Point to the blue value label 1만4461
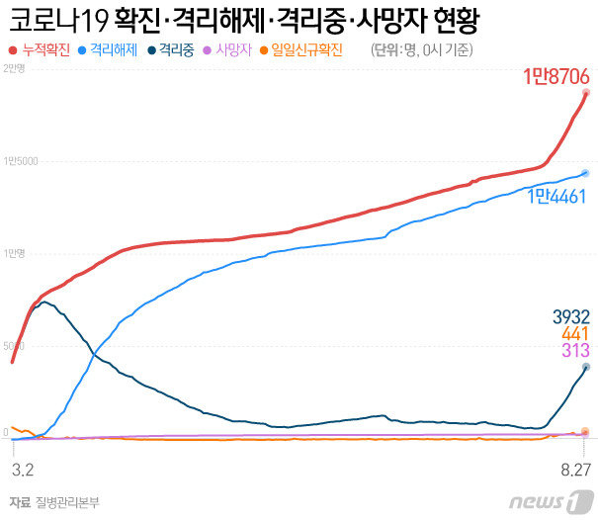(557, 196)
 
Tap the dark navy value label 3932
(570, 317)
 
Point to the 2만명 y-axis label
(14, 67)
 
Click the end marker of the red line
(586, 93)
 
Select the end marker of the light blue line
(586, 173)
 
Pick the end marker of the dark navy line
(586, 367)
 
